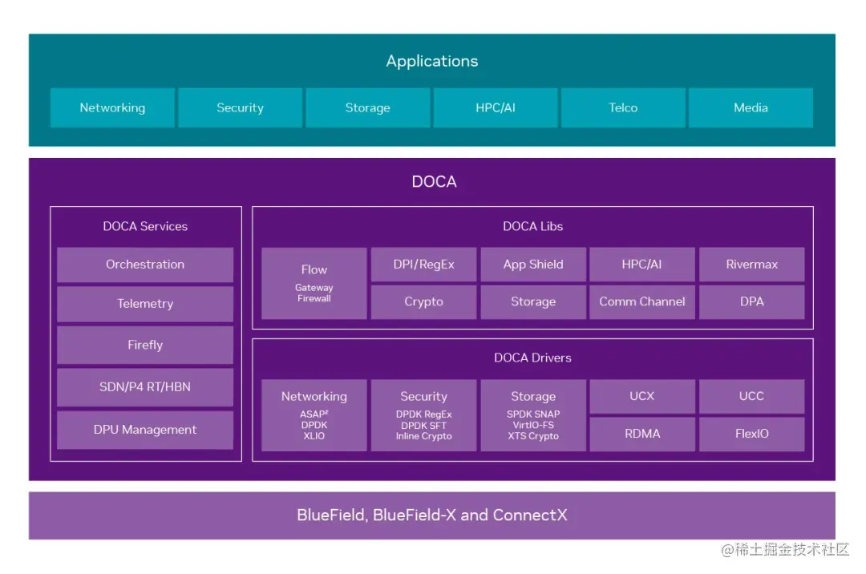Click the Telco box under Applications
pyautogui.click(x=623, y=107)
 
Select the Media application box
pyautogui.click(x=751, y=107)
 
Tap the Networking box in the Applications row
pyautogui.click(x=112, y=107)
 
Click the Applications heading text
pyautogui.click(x=432, y=61)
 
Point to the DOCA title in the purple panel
pyautogui.click(x=434, y=182)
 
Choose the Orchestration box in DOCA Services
pyautogui.click(x=145, y=265)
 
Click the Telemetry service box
pyautogui.click(x=145, y=304)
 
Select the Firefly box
pyautogui.click(x=145, y=345)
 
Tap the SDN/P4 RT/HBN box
pyautogui.click(x=145, y=387)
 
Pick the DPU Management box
pyautogui.click(x=145, y=430)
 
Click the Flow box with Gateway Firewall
pyautogui.click(x=314, y=283)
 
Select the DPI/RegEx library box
pyautogui.click(x=423, y=265)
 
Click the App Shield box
pyautogui.click(x=533, y=265)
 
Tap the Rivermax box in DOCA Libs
pyautogui.click(x=751, y=265)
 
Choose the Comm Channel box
pyautogui.click(x=642, y=301)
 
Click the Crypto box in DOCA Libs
pyautogui.click(x=423, y=301)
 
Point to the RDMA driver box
pyautogui.click(x=642, y=434)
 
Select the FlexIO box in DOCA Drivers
pyautogui.click(x=751, y=434)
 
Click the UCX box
pyautogui.click(x=642, y=396)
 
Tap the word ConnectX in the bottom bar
pyautogui.click(x=530, y=515)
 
